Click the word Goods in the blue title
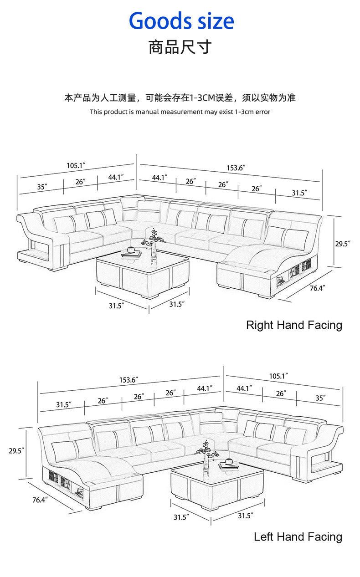[x=154, y=21]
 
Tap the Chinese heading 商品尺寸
[x=180, y=46]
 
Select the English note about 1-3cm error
[x=180, y=112]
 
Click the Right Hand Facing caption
[x=294, y=325]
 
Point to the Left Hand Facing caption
[x=298, y=537]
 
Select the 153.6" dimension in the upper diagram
[x=236, y=168]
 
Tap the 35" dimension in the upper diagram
[x=42, y=186]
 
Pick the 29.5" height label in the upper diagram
[x=343, y=244]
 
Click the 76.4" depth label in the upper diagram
[x=318, y=288]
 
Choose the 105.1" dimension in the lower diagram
[x=278, y=376]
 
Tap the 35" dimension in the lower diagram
[x=320, y=398]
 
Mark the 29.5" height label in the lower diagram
[x=16, y=451]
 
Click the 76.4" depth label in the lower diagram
[x=41, y=500]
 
